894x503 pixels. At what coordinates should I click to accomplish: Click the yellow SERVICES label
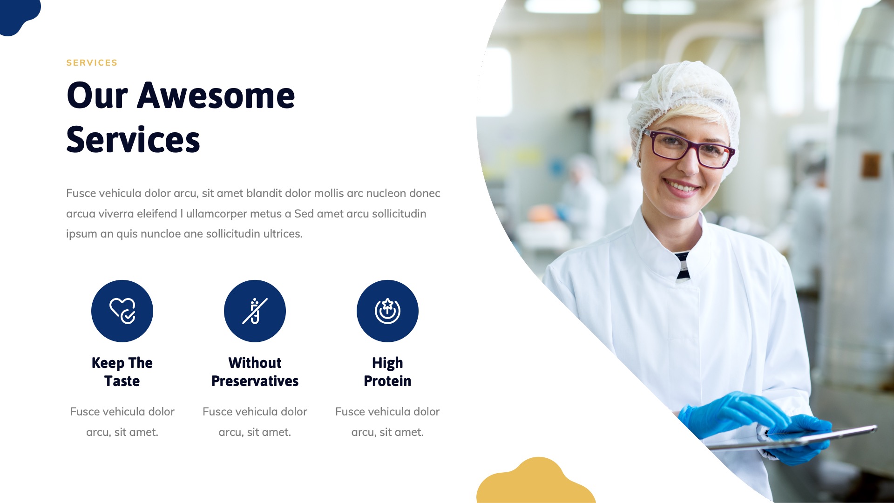pyautogui.click(x=92, y=63)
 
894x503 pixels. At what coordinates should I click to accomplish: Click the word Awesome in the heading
pyautogui.click(x=216, y=96)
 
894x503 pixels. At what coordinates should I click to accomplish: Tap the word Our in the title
pyautogui.click(x=97, y=96)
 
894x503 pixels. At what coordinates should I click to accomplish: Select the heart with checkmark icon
pyautogui.click(x=122, y=311)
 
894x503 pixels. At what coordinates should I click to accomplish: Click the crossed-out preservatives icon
pyautogui.click(x=255, y=311)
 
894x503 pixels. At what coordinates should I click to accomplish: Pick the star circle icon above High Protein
pyautogui.click(x=387, y=311)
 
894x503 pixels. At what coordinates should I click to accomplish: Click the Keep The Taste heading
pyautogui.click(x=122, y=372)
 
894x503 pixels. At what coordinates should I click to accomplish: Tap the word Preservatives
pyautogui.click(x=255, y=381)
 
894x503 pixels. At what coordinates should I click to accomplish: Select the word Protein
pyautogui.click(x=387, y=381)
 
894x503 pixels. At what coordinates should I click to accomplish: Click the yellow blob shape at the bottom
pyautogui.click(x=535, y=482)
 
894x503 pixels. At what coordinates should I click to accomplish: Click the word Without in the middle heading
pyautogui.click(x=255, y=363)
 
